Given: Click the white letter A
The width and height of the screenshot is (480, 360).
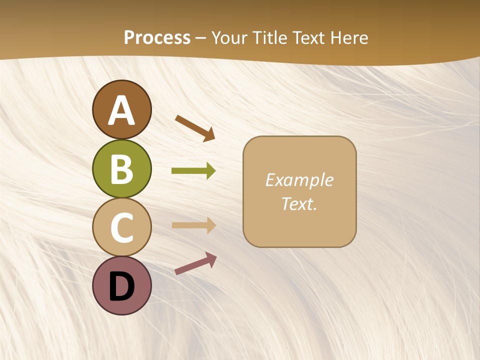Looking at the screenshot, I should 121,110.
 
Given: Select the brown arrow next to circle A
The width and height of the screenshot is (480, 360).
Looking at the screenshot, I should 195,128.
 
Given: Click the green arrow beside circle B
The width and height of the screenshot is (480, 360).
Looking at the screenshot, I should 193,171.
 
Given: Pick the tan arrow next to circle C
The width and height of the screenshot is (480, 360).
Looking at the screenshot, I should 193,225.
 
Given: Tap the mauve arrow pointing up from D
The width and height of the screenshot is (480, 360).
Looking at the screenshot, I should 195,263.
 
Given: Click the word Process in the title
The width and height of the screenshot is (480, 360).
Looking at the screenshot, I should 157,38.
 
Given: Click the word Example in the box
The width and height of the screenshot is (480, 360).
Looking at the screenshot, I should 299,180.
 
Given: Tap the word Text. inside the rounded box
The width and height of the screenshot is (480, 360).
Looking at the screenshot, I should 299,204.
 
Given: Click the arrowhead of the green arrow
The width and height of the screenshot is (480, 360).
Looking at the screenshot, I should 210,171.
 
